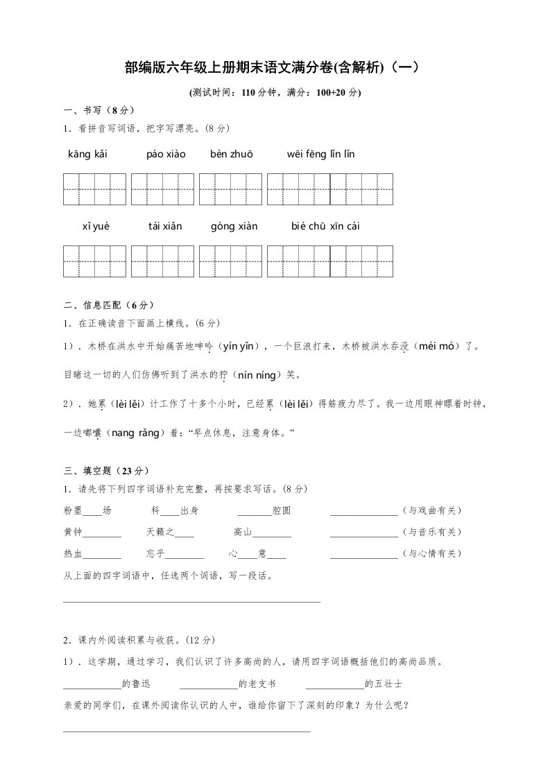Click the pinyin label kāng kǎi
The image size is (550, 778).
point(87,154)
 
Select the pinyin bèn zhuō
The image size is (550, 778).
point(232,154)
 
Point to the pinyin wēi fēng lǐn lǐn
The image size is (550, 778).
point(320,154)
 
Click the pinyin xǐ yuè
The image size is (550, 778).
point(96,226)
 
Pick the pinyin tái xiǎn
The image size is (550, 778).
point(164,226)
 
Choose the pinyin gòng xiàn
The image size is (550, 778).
point(234,226)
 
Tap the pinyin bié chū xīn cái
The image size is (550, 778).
point(325,226)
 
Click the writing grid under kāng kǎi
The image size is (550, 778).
point(95,189)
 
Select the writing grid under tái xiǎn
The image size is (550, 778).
point(162,261)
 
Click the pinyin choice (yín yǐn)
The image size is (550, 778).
point(239,345)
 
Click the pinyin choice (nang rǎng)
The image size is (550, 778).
point(136,433)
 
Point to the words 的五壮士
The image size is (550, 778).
point(384,684)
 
